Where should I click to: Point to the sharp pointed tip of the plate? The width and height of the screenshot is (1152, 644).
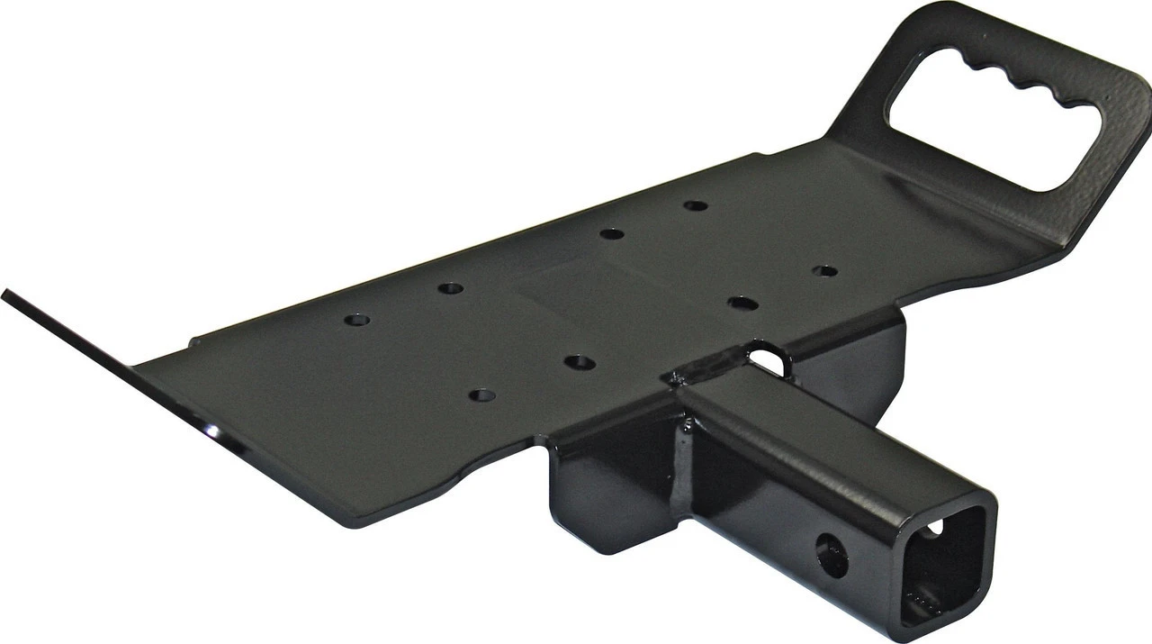point(7,295)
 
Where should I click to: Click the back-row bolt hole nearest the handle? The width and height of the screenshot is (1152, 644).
point(695,205)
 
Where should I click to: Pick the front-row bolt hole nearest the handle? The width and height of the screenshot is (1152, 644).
point(824,270)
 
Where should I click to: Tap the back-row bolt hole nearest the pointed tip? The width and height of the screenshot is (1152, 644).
point(357,320)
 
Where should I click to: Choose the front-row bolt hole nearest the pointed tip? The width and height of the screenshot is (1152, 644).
point(482,395)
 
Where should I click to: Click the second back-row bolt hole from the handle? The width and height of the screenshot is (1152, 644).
point(612,233)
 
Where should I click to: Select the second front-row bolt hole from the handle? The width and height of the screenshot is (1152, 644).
point(742,304)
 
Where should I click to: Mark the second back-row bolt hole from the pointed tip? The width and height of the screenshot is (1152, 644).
point(450,288)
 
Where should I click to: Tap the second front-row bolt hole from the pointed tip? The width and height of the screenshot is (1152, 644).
point(580,362)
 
